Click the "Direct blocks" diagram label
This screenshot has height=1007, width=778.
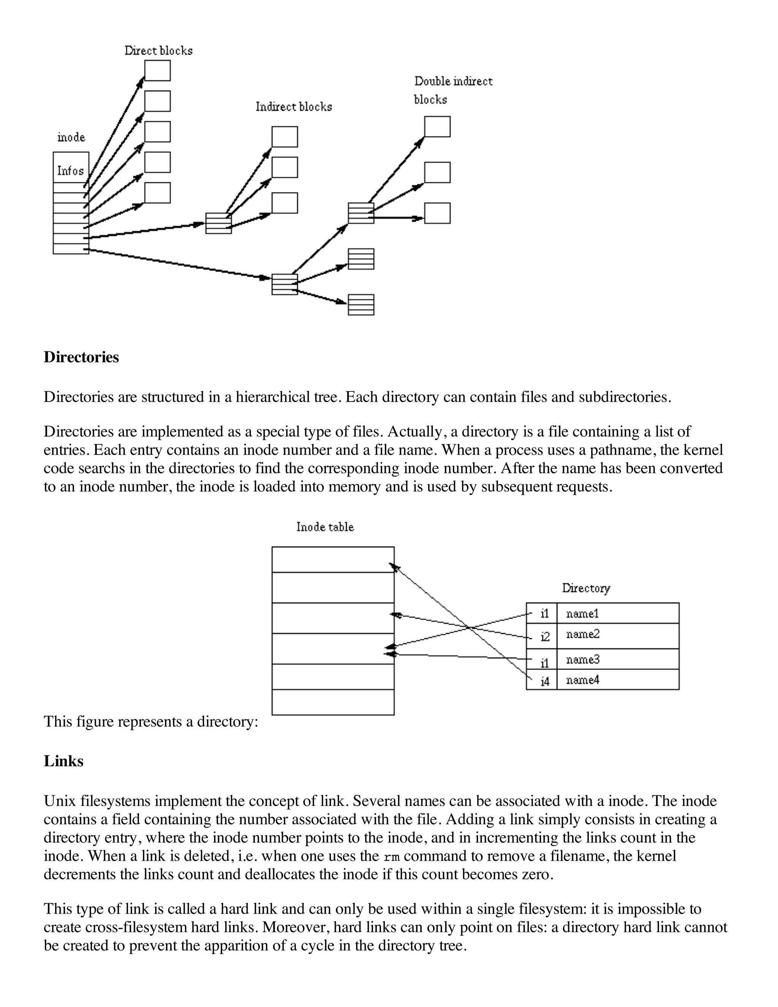coord(158,51)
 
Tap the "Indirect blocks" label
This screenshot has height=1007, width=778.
coord(294,107)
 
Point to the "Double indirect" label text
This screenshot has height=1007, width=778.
coord(453,82)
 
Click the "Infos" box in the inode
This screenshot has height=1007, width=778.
coord(71,171)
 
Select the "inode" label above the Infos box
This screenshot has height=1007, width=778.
coord(71,138)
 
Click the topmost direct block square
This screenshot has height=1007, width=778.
coord(157,71)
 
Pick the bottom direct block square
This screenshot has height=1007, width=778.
coord(157,193)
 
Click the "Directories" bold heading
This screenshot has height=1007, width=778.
coord(81,357)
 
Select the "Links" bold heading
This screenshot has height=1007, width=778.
coord(63,761)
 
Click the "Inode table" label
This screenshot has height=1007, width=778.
coord(325,527)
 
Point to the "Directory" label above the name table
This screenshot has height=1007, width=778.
coord(586,588)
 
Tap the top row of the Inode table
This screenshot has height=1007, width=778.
coord(333,559)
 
